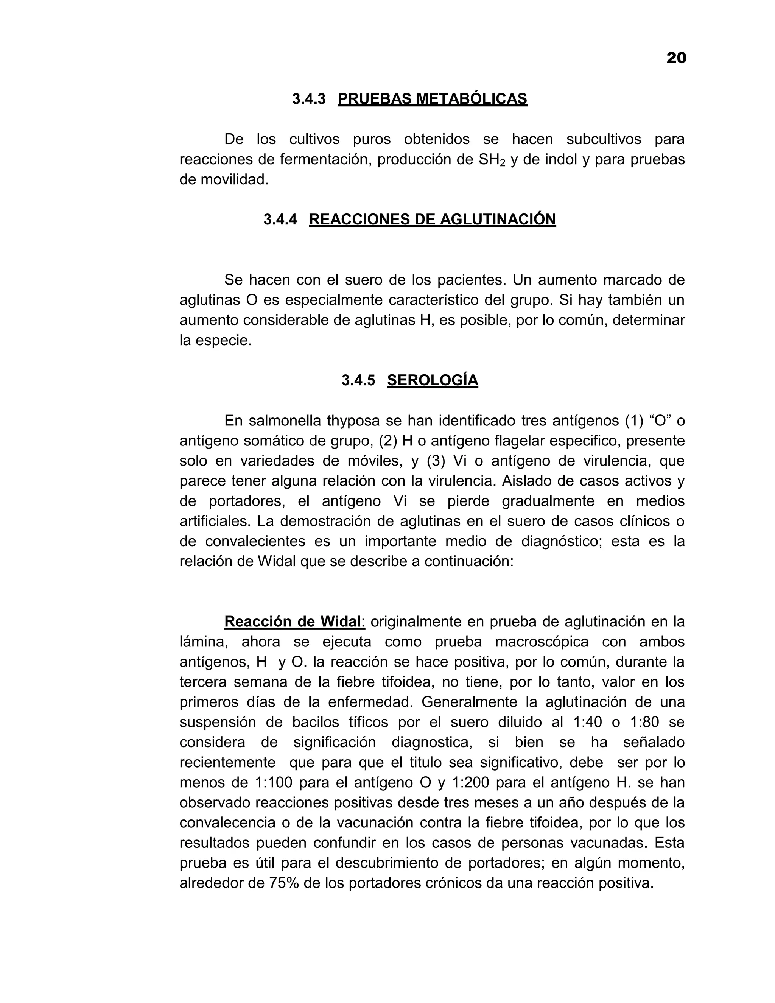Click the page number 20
pos(676,58)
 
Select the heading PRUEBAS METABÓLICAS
pos(432,99)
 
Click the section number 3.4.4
pos(280,220)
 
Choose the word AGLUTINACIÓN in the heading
pos(498,220)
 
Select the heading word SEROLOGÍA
pos(433,380)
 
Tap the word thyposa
pos(353,421)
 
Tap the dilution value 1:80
pos(644,723)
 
